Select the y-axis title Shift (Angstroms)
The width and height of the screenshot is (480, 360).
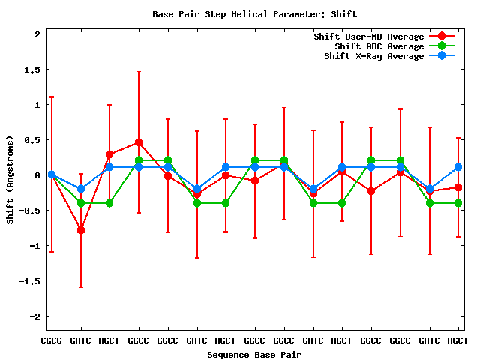point(10,180)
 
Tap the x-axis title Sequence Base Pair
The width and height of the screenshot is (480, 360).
point(255,354)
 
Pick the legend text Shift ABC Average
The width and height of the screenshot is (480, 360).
point(379,46)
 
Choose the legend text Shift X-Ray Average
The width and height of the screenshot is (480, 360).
point(373,56)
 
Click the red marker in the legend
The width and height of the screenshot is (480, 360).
point(441,37)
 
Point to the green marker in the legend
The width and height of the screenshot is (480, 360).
point(441,46)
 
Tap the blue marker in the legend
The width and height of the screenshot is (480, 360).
point(441,56)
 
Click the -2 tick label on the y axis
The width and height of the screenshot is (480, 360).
point(34,316)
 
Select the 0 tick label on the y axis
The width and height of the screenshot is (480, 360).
point(37,175)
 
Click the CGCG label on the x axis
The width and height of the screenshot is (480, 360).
point(52,340)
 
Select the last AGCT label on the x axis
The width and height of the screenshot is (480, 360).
point(457,340)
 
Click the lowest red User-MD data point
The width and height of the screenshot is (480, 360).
point(81,230)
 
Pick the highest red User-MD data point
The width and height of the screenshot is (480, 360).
point(139,142)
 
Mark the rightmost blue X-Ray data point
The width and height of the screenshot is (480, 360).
point(458,167)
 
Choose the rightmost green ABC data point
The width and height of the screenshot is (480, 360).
point(458,203)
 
